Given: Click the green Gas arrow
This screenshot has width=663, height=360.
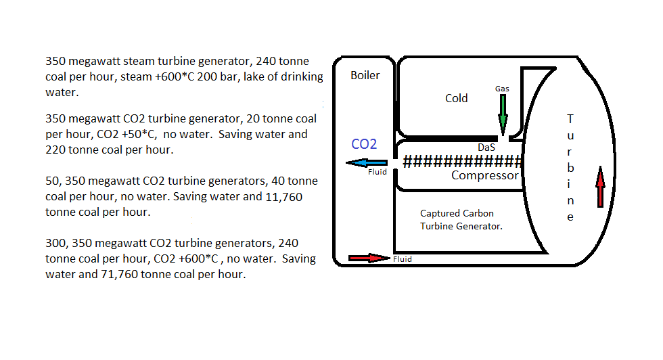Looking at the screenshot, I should click(503, 114).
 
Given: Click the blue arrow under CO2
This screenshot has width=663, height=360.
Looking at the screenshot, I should click(367, 162).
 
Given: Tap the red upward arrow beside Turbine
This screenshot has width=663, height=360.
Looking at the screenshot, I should click(600, 187).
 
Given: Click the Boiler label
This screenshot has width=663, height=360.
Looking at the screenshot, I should click(365, 75).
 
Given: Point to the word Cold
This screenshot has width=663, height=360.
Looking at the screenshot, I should click(456, 98).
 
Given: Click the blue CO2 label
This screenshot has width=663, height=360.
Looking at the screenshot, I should click(364, 143).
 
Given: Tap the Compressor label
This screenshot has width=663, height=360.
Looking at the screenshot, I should click(484, 176).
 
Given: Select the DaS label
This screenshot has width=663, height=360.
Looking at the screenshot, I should click(486, 147).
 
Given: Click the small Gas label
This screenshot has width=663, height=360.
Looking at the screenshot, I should click(502, 89).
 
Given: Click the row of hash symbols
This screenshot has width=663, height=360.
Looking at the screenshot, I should click(463, 162).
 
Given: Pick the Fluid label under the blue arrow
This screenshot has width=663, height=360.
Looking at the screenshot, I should click(377, 173).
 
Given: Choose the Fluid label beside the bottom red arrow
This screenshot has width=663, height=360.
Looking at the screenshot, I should click(402, 258).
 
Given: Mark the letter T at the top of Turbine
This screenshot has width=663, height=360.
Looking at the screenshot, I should click(570, 118).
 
